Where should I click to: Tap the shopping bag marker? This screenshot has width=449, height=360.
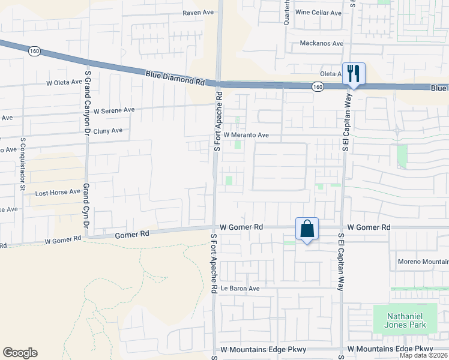pos(307,229)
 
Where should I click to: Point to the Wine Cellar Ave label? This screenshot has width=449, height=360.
pos(318,12)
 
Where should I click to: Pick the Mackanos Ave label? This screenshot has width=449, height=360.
pos(321,44)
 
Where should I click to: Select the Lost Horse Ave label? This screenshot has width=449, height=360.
pos(57,193)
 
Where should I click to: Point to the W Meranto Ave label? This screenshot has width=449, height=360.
pos(246,135)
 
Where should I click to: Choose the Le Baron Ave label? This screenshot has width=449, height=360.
pos(240,289)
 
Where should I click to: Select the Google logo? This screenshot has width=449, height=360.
pos(20,353)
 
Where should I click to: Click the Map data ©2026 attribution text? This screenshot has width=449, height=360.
pos(424,355)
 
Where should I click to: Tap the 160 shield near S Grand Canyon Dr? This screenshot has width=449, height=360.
pos(34,52)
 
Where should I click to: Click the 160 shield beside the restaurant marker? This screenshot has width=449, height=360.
pos(317,87)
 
